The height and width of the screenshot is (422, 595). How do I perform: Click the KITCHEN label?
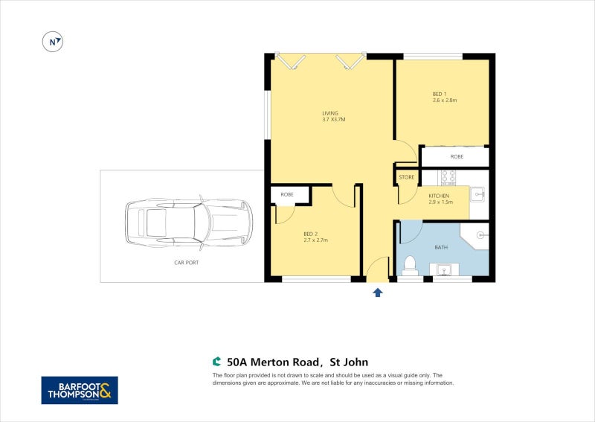coord(439,196)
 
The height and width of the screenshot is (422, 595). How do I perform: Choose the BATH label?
coord(442,246)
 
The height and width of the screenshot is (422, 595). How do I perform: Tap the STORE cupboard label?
coord(406,177)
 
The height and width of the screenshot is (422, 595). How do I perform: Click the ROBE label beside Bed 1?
coord(457,157)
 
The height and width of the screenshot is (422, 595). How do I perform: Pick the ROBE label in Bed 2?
coord(286,194)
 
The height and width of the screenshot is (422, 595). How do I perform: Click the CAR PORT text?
coord(186,263)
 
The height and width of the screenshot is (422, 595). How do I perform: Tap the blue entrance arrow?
coord(378,292)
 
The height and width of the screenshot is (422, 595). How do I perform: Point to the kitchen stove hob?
coord(448,176)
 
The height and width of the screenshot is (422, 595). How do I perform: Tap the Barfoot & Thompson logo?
coord(79,390)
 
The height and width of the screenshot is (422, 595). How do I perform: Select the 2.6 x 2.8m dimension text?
coord(444,100)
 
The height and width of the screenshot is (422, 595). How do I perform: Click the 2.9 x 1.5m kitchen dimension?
coord(440,202)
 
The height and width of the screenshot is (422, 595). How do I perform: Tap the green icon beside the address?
coord(217,362)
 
